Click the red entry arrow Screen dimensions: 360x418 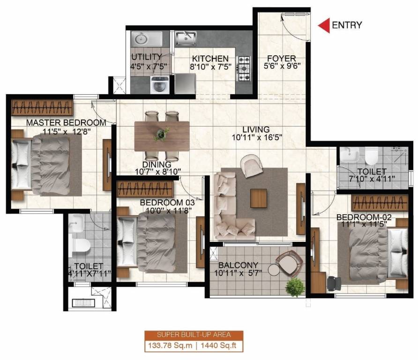pos(323,26)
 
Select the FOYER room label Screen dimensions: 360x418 pos(281,59)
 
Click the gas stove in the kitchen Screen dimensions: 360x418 pos(245,69)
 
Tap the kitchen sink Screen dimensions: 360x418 pos(187,37)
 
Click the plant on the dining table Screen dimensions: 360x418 pos(161,135)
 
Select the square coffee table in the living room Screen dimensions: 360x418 pos(258,197)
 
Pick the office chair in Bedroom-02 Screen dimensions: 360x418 pos(334,283)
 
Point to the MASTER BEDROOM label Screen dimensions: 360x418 pos(66,123)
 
